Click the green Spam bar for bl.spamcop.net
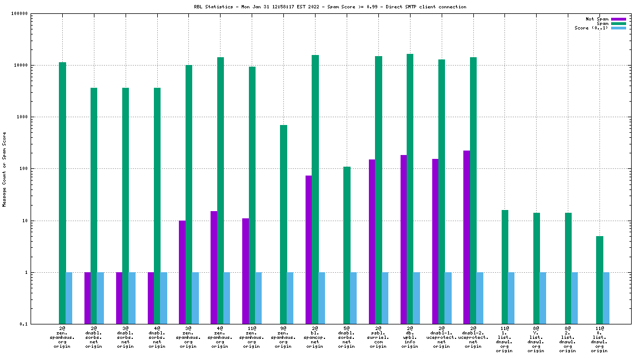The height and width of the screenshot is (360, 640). pos(315,189)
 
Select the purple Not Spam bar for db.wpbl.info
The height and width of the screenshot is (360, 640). pos(403,239)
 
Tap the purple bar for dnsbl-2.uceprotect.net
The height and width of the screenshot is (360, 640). pos(467,237)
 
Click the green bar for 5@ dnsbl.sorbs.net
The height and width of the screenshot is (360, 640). pos(347,245)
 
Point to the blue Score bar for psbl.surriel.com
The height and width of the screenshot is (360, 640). pos(385,298)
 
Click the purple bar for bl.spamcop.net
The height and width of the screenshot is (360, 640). pos(308,249)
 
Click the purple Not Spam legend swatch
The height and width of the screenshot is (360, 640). pos(618,19)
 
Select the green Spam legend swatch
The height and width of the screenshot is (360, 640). pos(618,23)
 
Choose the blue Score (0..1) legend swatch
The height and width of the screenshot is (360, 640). pos(618,28)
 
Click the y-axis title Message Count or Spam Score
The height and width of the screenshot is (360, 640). pos(4,169)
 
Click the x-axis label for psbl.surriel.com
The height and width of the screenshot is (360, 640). pos(378,337)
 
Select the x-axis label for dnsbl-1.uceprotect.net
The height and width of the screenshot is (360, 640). pos(442,337)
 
